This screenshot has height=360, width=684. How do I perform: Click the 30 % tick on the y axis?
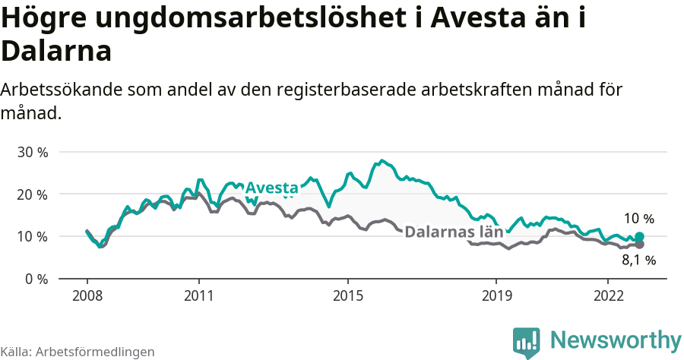[x=32, y=152]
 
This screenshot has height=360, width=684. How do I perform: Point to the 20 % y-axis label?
[x=32, y=194]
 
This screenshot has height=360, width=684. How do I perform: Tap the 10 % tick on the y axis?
[x=32, y=236]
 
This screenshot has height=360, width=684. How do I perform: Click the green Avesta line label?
[x=272, y=188]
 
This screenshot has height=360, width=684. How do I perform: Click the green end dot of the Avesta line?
[x=639, y=237]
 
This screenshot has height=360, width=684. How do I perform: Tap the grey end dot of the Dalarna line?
[x=639, y=245]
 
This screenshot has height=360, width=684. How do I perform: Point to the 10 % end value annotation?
[x=639, y=219]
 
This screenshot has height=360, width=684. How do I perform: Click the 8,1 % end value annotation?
[x=639, y=261]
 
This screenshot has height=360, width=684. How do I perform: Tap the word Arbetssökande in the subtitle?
[x=58, y=90]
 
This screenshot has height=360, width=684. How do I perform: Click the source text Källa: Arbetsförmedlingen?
[x=78, y=352]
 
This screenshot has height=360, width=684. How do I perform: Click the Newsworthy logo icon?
[x=526, y=343]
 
